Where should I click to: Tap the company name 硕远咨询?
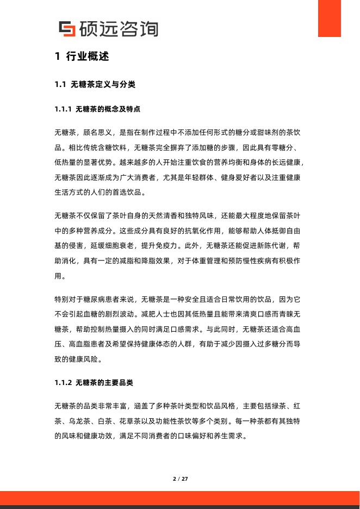tap(118, 28)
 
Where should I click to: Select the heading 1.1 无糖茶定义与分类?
tap(95, 85)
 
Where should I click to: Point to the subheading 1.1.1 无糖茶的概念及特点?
tap(98, 109)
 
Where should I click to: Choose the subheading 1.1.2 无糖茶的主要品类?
tap(94, 383)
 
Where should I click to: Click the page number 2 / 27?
tap(180, 479)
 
